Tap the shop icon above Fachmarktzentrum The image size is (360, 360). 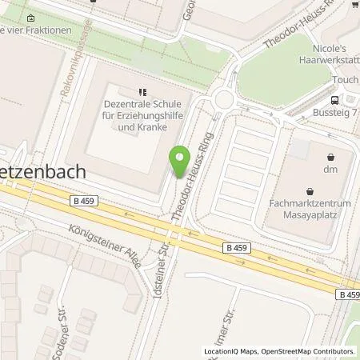tap(310, 191)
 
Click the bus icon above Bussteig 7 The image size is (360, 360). tap(336, 102)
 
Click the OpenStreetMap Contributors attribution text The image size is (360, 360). tap(310, 351)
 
